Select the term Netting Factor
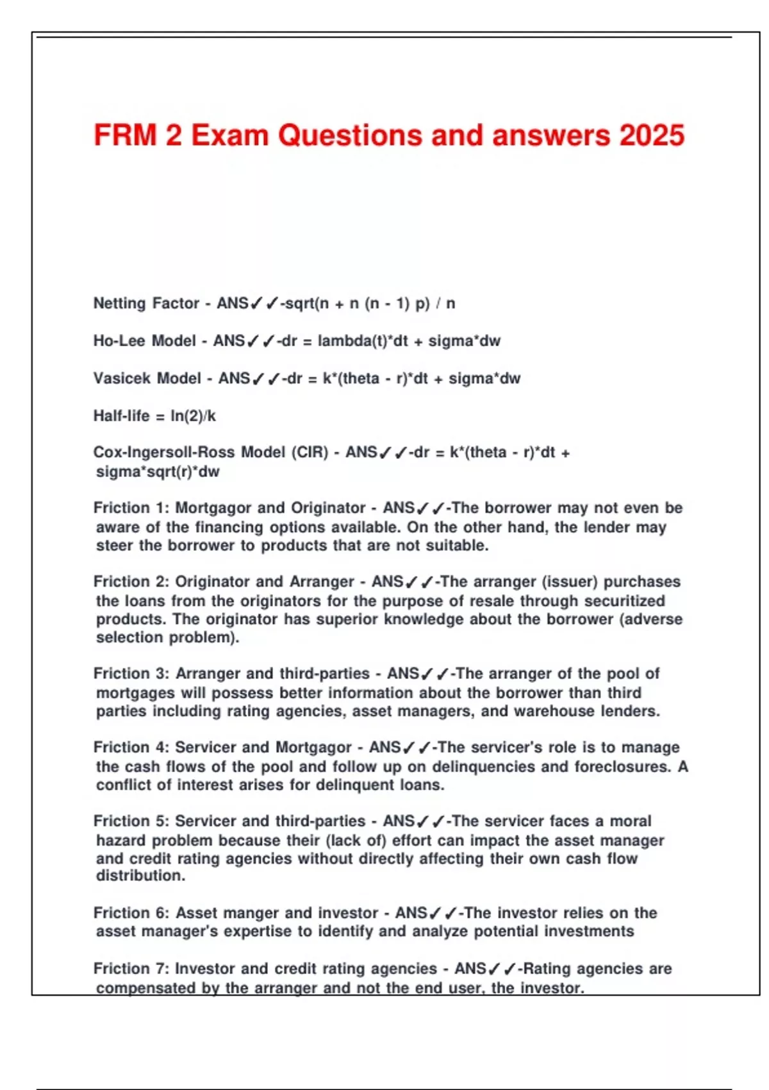click(146, 303)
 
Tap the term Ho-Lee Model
click(144, 340)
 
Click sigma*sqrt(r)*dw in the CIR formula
click(158, 472)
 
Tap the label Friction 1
click(130, 508)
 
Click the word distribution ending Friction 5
click(140, 876)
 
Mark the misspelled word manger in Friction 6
click(239, 912)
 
